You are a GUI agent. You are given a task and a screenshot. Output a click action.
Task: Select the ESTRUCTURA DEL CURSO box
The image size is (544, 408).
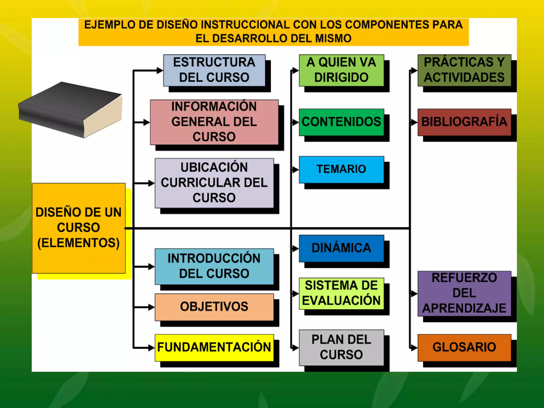click(214, 70)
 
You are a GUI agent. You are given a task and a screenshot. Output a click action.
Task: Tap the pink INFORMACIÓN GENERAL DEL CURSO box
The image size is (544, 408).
click(214, 122)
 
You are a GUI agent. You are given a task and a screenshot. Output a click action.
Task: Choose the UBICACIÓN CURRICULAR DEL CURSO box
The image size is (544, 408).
click(214, 183)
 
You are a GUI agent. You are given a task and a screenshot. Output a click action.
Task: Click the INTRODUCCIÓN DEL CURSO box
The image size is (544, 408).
click(214, 266)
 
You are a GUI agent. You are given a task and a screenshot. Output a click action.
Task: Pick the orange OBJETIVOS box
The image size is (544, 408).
click(214, 307)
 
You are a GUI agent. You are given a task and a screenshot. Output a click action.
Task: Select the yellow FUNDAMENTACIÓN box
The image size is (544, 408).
click(214, 347)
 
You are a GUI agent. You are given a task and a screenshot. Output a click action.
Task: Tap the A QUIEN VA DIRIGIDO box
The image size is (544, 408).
click(341, 70)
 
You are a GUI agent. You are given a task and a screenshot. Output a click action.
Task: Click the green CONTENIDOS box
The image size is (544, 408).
click(341, 122)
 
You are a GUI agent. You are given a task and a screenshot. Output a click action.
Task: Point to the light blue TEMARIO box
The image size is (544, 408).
click(341, 169)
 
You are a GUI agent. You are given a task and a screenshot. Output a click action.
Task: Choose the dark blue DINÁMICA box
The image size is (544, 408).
click(341, 248)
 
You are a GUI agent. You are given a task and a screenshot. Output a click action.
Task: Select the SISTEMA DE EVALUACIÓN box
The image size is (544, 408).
click(341, 293)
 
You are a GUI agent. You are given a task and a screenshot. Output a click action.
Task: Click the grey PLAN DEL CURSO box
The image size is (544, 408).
click(341, 347)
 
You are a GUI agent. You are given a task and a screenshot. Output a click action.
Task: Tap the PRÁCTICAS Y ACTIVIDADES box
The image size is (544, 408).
click(464, 70)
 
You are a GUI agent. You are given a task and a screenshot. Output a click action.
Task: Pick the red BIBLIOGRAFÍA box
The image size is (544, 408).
click(464, 122)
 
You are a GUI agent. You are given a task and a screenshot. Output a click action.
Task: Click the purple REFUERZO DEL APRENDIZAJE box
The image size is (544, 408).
click(464, 293)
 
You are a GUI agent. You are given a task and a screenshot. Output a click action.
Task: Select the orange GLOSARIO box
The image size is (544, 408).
click(464, 347)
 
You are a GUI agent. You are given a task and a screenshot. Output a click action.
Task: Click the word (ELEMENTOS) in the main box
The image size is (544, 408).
click(79, 243)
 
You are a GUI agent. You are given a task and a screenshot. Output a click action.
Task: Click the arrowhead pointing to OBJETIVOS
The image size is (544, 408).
click(151, 307)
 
